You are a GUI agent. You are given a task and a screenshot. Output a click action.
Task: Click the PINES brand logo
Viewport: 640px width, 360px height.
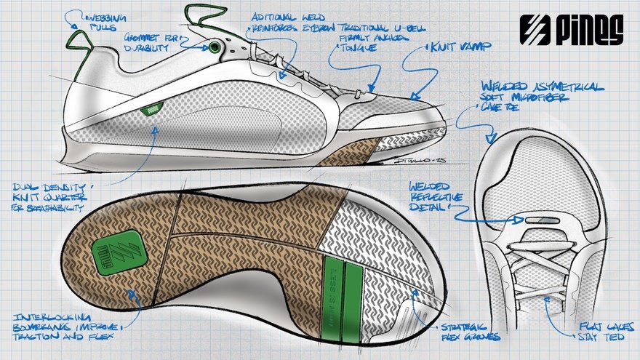[x=572, y=30]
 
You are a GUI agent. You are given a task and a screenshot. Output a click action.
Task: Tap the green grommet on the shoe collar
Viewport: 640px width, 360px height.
[x=215, y=48]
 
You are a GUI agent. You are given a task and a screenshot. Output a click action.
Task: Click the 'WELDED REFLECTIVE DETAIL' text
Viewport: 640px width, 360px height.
[x=436, y=198]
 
